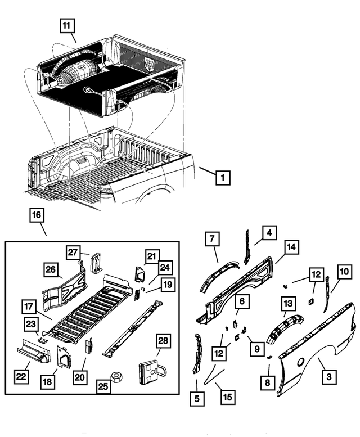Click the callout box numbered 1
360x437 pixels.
(222, 177)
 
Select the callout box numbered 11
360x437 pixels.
(67, 26)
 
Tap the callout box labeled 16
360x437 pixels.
(36, 216)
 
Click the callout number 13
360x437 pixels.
(288, 304)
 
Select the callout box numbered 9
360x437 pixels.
(256, 349)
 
